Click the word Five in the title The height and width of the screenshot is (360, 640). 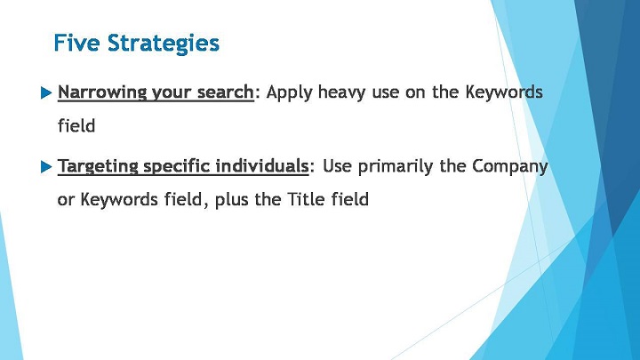pyautogui.click(x=76, y=43)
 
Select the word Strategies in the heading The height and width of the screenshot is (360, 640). pyautogui.click(x=164, y=44)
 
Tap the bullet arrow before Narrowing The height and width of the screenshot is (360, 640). pyautogui.click(x=46, y=93)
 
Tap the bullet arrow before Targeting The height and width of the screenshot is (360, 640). pyautogui.click(x=46, y=167)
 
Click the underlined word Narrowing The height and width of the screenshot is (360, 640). pyautogui.click(x=102, y=92)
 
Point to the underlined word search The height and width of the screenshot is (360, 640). pyautogui.click(x=225, y=92)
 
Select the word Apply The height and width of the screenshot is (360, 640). pyautogui.click(x=290, y=93)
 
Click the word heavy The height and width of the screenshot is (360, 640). pyautogui.click(x=342, y=93)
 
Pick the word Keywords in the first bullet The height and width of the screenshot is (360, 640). pyautogui.click(x=504, y=92)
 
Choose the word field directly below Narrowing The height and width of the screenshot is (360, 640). pyautogui.click(x=76, y=125)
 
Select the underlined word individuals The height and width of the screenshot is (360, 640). pyautogui.click(x=261, y=166)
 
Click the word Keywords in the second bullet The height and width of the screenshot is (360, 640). pyautogui.click(x=119, y=200)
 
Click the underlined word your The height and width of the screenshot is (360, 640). pyautogui.click(x=172, y=93)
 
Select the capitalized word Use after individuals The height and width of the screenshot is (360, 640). pyautogui.click(x=337, y=166)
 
